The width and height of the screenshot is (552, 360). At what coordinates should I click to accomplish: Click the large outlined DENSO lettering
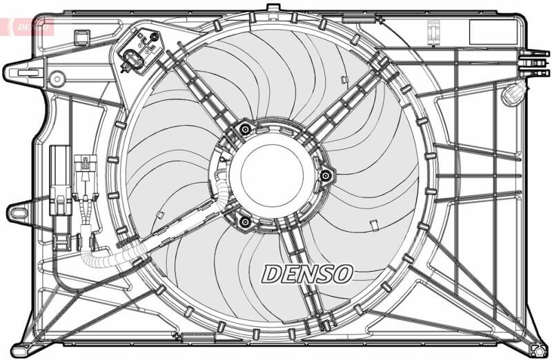[x=306, y=274]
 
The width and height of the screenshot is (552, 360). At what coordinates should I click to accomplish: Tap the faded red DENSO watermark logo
[x=28, y=27]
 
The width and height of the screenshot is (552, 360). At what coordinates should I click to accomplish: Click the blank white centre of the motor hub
[x=272, y=175]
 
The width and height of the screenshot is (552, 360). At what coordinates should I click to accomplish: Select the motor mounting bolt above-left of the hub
[x=245, y=130]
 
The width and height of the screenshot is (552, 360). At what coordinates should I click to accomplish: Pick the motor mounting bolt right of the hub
[x=326, y=174]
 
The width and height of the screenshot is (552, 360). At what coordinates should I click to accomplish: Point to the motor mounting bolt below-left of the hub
[x=244, y=221]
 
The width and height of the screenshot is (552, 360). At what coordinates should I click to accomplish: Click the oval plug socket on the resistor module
[x=132, y=57]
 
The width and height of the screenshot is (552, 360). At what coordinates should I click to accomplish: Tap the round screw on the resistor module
[x=154, y=37]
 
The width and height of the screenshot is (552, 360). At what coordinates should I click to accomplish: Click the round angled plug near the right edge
[x=512, y=93]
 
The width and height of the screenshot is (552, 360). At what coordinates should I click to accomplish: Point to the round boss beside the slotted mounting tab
[x=57, y=79]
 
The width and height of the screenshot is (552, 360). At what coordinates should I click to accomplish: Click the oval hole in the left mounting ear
[x=19, y=213]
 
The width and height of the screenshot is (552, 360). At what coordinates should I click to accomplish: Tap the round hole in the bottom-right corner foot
[x=540, y=350]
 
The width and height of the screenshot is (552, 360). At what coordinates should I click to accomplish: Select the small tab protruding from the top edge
[x=273, y=8]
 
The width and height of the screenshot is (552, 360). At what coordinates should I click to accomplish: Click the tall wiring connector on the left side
[x=61, y=197]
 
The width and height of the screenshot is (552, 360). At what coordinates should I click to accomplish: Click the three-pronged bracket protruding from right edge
[x=534, y=63]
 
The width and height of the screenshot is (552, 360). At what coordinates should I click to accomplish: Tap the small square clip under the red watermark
[x=82, y=38]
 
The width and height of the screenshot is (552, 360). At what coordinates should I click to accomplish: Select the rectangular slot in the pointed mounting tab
[x=28, y=73]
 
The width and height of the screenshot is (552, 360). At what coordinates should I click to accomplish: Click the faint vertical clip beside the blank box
[x=434, y=32]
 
